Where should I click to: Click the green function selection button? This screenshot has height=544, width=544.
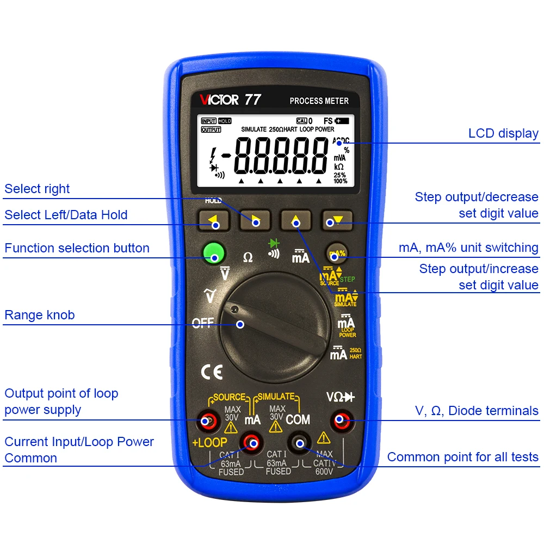pos(214,254)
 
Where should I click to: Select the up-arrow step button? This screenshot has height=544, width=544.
pos(295,220)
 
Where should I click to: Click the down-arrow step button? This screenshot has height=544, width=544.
pos(336,220)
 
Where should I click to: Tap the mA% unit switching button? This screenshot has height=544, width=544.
pos(337,253)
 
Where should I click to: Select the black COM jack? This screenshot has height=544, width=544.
pos(299,443)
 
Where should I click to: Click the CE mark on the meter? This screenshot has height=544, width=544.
pos(212,372)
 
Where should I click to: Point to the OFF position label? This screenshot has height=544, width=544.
pos(203,323)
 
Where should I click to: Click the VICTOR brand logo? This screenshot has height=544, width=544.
pos(219,100)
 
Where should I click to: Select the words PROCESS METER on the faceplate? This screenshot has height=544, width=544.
pos(319,101)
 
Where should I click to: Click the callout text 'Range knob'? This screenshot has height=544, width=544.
pos(40,315)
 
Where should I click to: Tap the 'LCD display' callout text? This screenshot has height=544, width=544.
pos(503,133)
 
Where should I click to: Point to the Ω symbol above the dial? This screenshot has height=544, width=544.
pos(248,257)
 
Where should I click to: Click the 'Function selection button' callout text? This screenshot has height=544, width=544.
pos(77,248)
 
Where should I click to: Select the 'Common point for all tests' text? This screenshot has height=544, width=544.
pos(462,457)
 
